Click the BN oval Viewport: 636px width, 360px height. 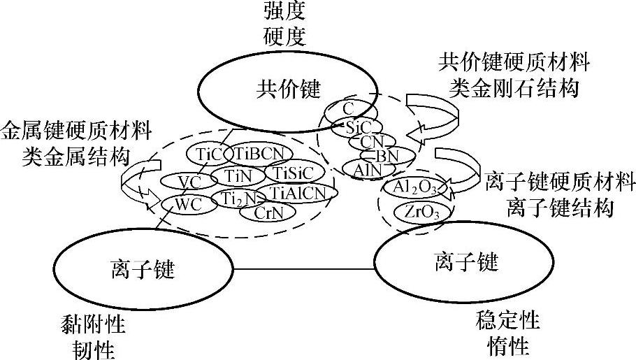(x=385, y=156)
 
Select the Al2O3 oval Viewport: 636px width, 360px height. (x=417, y=187)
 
